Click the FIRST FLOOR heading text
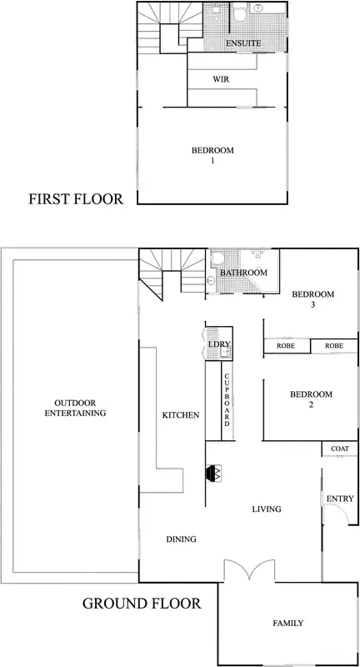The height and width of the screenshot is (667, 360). point(76,199)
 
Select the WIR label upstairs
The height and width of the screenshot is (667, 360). point(221,80)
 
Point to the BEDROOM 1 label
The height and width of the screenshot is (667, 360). point(212,154)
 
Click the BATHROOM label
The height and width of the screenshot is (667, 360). point(243,273)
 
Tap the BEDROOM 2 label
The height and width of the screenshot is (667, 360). point(312,399)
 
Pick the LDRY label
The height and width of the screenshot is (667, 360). point(219,344)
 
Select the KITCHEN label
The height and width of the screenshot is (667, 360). point(179,414)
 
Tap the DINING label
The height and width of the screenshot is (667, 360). point(180,539)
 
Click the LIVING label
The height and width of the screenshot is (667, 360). point(267,509)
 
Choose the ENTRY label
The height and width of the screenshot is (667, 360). point(340,499)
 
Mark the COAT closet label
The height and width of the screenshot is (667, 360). point(339,449)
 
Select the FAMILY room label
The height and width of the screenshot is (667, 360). point(287,623)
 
